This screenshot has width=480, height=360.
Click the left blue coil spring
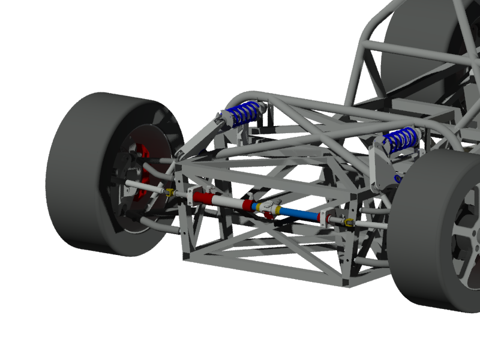(243, 112)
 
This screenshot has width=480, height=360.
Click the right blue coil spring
(400, 139)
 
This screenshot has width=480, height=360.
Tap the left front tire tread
(72, 180)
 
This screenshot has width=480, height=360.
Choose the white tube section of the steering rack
(228, 203)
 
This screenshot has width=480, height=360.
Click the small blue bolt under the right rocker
(397, 178)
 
